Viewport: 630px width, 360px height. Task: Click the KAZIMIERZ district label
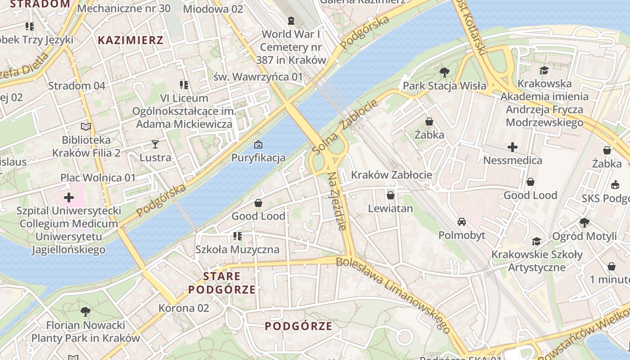[x=130, y=40]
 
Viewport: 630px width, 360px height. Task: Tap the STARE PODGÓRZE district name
[x=222, y=283]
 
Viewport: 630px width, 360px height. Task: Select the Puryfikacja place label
[x=258, y=157]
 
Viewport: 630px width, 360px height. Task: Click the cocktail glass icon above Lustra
[x=155, y=144]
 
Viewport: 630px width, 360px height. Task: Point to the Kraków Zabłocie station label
[x=391, y=175]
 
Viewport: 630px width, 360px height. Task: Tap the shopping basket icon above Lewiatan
[x=391, y=195]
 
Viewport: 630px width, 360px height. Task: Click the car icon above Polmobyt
[x=462, y=222]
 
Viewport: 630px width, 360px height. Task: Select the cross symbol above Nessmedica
[x=512, y=147]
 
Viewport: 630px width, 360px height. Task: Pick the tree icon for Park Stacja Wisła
[x=445, y=72]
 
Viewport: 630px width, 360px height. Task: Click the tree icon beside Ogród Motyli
[x=584, y=222]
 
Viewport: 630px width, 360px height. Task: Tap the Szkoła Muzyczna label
[x=237, y=249]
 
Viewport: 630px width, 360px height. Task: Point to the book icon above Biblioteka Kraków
[x=86, y=126]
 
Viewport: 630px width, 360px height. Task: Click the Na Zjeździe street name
[x=337, y=201]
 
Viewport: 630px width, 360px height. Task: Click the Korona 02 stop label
[x=184, y=308]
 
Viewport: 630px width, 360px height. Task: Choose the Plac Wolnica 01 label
[x=98, y=177]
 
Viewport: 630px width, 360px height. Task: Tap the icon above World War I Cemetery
[x=291, y=21]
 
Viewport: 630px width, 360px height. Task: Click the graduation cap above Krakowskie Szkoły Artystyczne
[x=536, y=242]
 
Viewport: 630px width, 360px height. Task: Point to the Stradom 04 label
[x=76, y=85]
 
